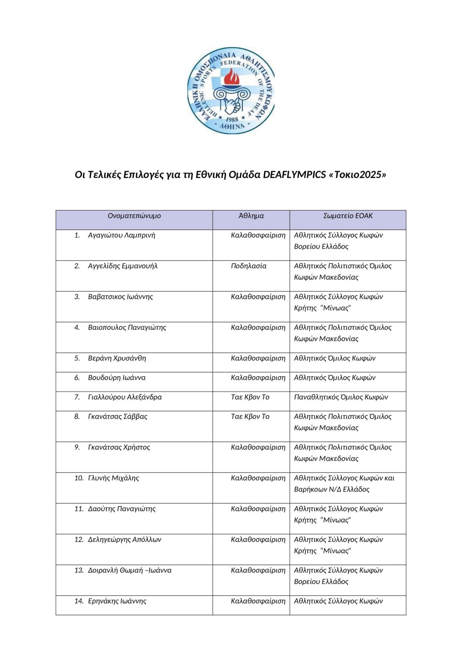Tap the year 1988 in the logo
(x=232, y=119)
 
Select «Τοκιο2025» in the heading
(x=357, y=175)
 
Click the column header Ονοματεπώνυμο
(x=134, y=216)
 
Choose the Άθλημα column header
(x=251, y=216)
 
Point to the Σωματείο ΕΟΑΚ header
(x=348, y=216)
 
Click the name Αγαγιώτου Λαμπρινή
(x=121, y=235)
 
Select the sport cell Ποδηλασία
(x=248, y=266)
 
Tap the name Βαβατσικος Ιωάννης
(x=120, y=297)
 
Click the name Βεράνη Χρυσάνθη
(x=117, y=358)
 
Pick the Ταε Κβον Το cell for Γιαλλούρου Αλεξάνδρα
(x=250, y=397)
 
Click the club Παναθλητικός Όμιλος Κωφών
(x=341, y=397)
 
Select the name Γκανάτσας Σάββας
(x=118, y=417)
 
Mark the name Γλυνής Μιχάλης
(x=113, y=478)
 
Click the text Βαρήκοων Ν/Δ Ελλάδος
(x=331, y=490)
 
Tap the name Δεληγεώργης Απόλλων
(x=125, y=540)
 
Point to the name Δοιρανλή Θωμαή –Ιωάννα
(x=129, y=571)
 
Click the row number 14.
(x=79, y=601)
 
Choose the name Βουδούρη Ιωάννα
(x=116, y=378)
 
